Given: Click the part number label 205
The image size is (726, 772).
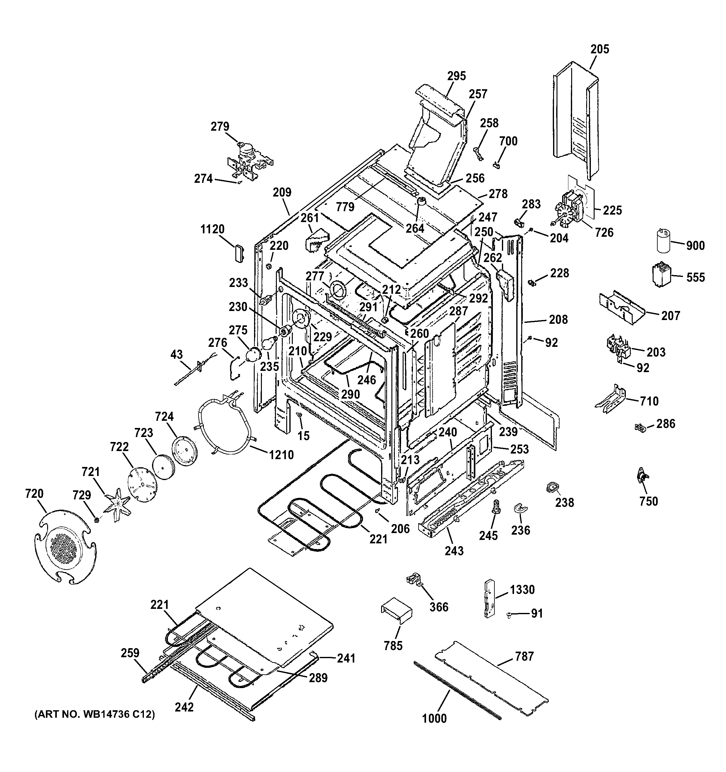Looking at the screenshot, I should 600,49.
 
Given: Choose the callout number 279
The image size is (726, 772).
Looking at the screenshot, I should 220,127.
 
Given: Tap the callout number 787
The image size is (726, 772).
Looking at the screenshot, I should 525,656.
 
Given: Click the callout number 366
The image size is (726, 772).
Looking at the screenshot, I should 439,607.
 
